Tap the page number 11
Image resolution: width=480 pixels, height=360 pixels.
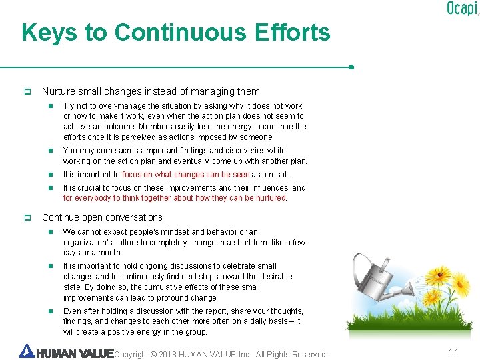click(x=453, y=353)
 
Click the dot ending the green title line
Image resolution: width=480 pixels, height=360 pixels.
click(x=351, y=67)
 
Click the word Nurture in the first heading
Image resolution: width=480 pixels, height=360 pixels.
click(x=59, y=91)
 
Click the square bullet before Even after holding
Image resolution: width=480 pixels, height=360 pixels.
click(x=50, y=311)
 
